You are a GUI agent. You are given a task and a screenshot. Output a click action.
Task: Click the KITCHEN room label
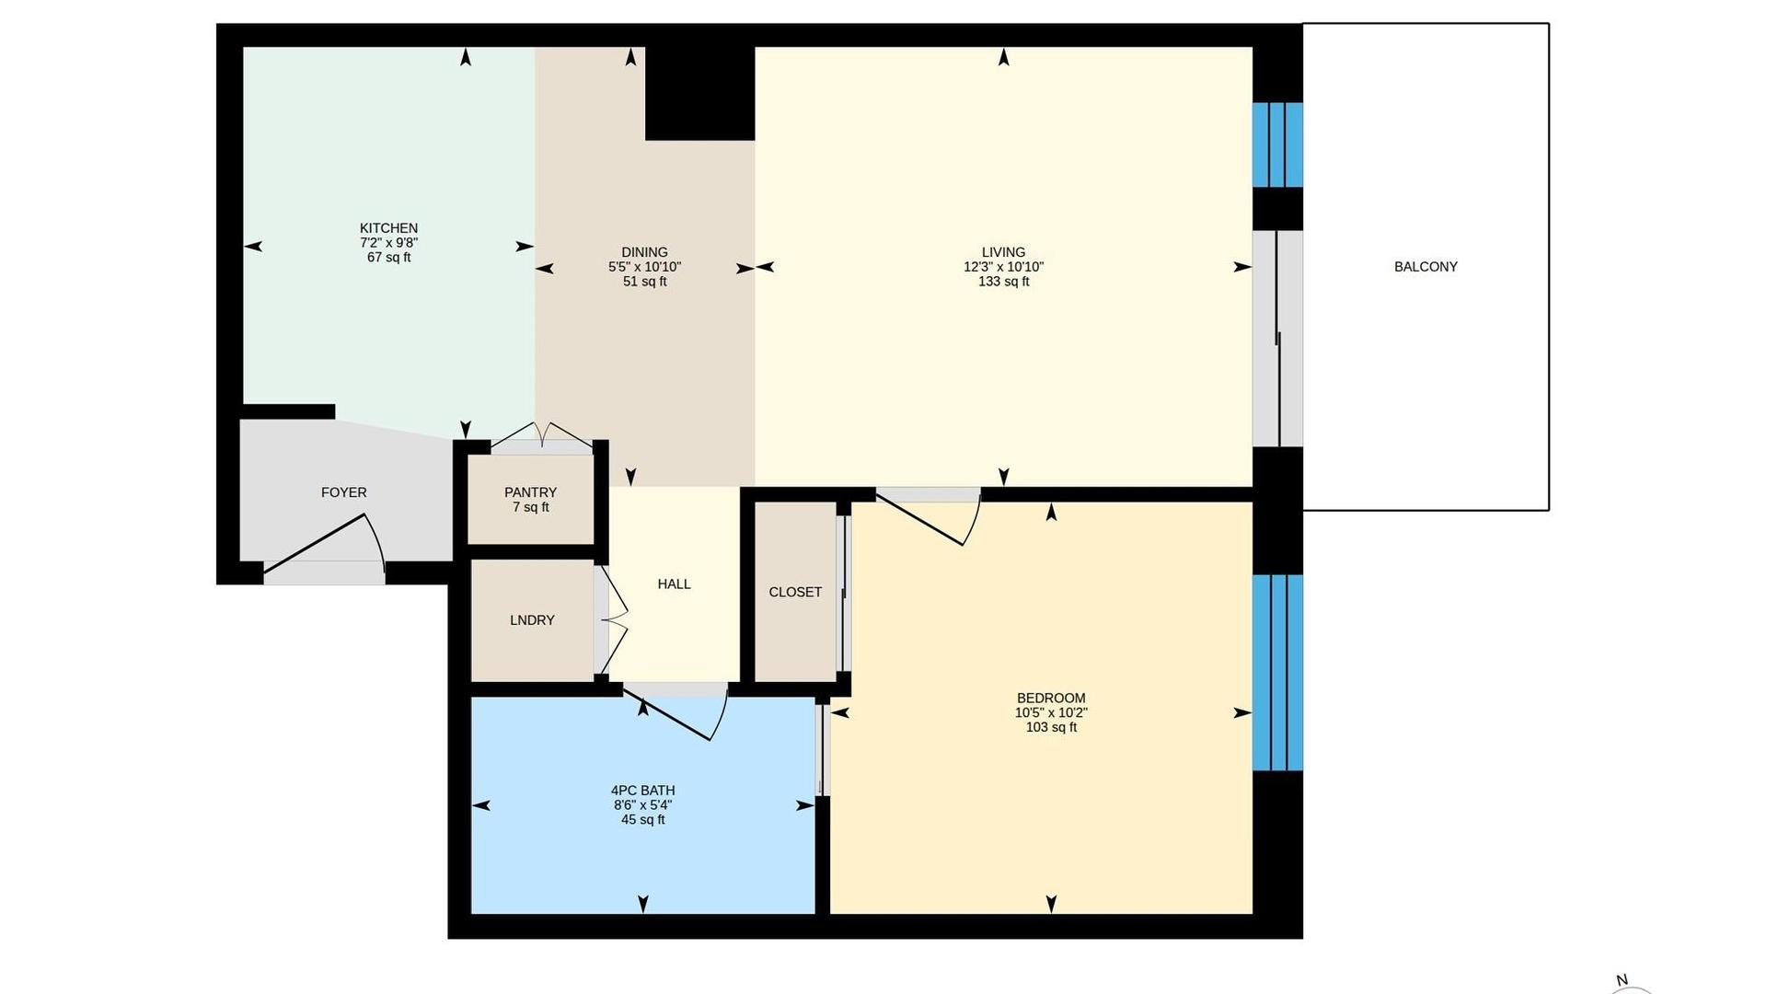pyautogui.click(x=388, y=228)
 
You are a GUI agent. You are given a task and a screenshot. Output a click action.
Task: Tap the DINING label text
pyautogui.click(x=644, y=252)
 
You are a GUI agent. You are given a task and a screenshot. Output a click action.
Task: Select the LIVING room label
pyautogui.click(x=1003, y=252)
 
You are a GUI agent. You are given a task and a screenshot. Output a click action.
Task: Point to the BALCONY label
pyautogui.click(x=1426, y=267)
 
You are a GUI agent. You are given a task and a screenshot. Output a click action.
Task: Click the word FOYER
pyautogui.click(x=344, y=492)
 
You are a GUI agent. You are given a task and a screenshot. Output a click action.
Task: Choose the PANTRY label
pyautogui.click(x=530, y=492)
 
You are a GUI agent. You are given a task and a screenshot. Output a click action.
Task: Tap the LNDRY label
pyautogui.click(x=532, y=620)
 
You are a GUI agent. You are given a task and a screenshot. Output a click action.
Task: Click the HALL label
pyautogui.click(x=674, y=584)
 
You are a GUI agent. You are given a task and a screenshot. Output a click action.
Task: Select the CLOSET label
pyautogui.click(x=795, y=592)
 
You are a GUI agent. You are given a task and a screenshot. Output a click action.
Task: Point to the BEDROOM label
pyautogui.click(x=1051, y=698)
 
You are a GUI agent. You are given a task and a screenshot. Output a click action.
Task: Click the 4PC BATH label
pyautogui.click(x=642, y=790)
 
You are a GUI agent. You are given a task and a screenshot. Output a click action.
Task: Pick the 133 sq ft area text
pyautogui.click(x=1003, y=282)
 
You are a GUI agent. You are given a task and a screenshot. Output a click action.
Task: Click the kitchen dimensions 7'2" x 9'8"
pyautogui.click(x=388, y=243)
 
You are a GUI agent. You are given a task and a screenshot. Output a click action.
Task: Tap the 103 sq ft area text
pyautogui.click(x=1051, y=727)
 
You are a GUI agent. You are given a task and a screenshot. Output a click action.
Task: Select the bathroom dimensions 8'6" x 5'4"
pyautogui.click(x=642, y=804)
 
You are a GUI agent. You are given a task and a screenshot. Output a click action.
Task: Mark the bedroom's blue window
pyautogui.click(x=1277, y=673)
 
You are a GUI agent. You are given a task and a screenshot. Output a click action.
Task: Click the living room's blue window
pyautogui.click(x=1277, y=144)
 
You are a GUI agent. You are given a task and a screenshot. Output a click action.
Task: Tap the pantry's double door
pyautogui.click(x=542, y=433)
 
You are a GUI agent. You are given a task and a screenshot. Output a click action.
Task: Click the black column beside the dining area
pyautogui.click(x=699, y=93)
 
